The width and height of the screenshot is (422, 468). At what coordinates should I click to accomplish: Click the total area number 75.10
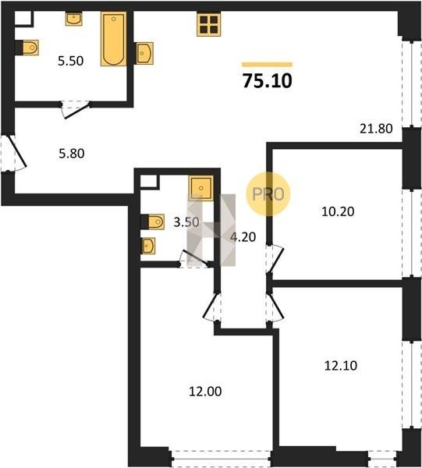267,81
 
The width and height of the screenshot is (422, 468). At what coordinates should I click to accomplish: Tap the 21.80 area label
376,129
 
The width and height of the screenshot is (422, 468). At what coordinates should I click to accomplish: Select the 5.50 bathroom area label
71,61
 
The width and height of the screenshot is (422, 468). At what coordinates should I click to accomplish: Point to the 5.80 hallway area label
72,154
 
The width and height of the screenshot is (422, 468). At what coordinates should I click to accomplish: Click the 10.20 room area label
338,211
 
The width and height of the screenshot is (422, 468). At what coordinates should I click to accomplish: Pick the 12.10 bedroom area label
341,366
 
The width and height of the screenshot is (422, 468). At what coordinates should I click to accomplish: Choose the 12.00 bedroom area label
205,392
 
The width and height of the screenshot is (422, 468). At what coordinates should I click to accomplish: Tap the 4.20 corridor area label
243,237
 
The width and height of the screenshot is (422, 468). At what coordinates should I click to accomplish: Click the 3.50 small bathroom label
186,222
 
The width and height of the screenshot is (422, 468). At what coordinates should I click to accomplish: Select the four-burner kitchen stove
208,25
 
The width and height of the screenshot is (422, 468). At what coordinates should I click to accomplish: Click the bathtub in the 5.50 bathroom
113,38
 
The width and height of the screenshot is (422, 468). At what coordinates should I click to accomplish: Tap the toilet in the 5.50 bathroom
27,48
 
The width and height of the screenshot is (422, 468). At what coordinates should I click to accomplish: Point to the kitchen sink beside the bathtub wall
145,53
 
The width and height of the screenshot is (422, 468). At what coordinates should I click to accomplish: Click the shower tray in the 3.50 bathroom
200,188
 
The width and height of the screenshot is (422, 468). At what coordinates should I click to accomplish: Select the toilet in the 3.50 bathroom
153,222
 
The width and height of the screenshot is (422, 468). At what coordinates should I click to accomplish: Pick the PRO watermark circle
268,194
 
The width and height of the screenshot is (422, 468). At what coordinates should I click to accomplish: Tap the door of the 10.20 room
275,259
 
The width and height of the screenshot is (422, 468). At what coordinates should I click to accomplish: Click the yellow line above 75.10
267,65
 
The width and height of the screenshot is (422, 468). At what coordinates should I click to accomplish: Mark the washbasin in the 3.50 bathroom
148,246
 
